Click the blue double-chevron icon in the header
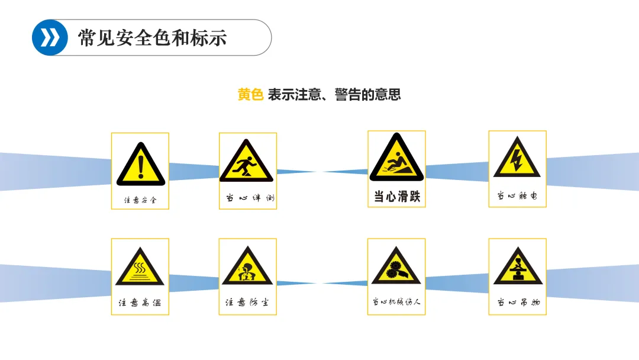point(50,38)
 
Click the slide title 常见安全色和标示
point(153,38)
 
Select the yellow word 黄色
point(250,95)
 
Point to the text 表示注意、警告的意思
point(334,95)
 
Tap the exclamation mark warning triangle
point(140,164)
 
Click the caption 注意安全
point(140,200)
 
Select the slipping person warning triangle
point(396,158)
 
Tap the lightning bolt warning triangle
point(517,158)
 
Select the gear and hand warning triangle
point(396,267)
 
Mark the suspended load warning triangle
point(517,267)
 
